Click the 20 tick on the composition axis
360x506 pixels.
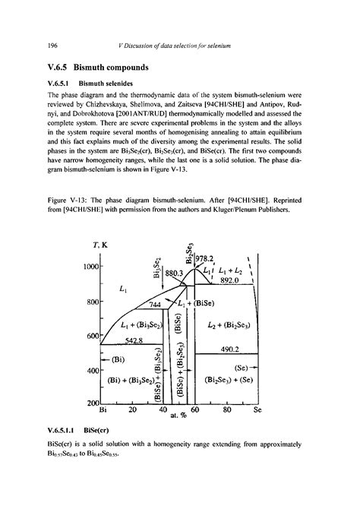tap(132, 411)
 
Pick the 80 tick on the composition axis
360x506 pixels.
tap(226, 411)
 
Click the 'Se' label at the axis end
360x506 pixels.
tap(257, 411)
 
